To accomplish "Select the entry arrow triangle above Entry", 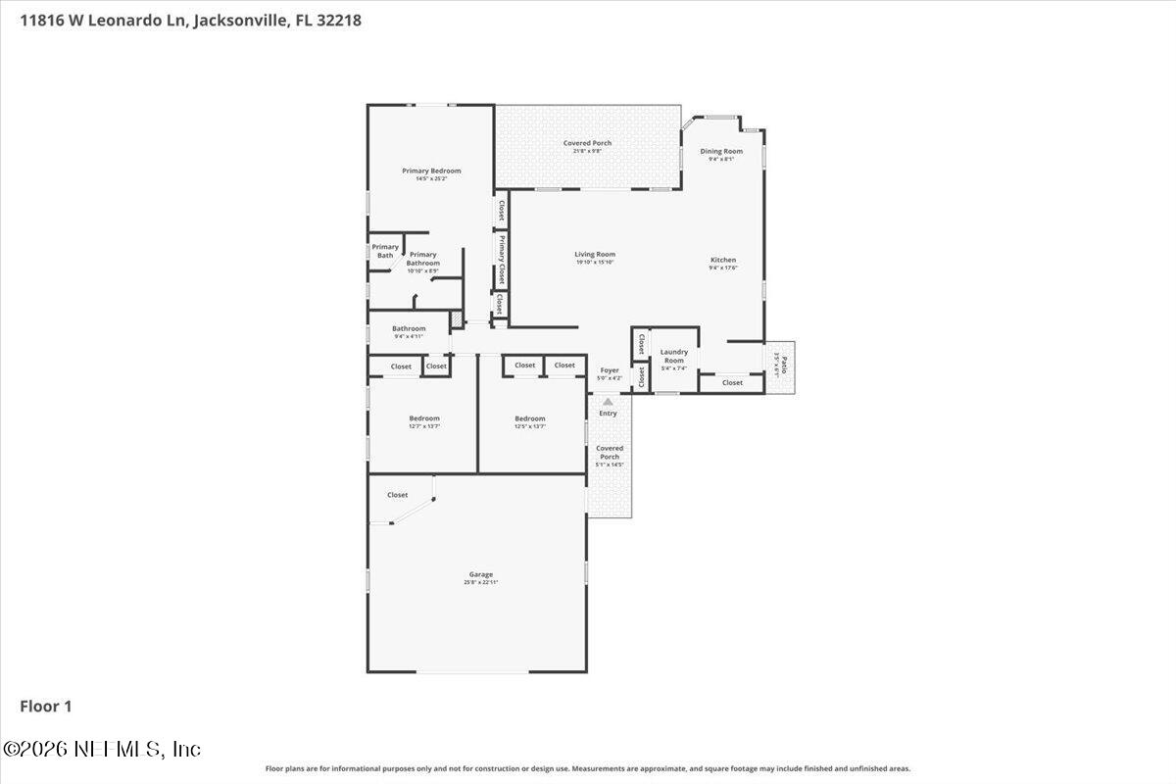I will click(x=608, y=401).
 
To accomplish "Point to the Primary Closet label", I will click(x=501, y=259).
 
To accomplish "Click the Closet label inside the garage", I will click(x=397, y=495).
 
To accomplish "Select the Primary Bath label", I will click(x=385, y=251).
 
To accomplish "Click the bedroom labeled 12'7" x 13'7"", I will click(x=424, y=421).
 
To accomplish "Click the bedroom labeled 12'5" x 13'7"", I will click(x=530, y=421).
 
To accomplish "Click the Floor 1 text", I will click(x=46, y=706).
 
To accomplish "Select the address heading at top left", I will click(x=183, y=20).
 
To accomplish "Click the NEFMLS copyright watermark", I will click(x=102, y=749).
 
